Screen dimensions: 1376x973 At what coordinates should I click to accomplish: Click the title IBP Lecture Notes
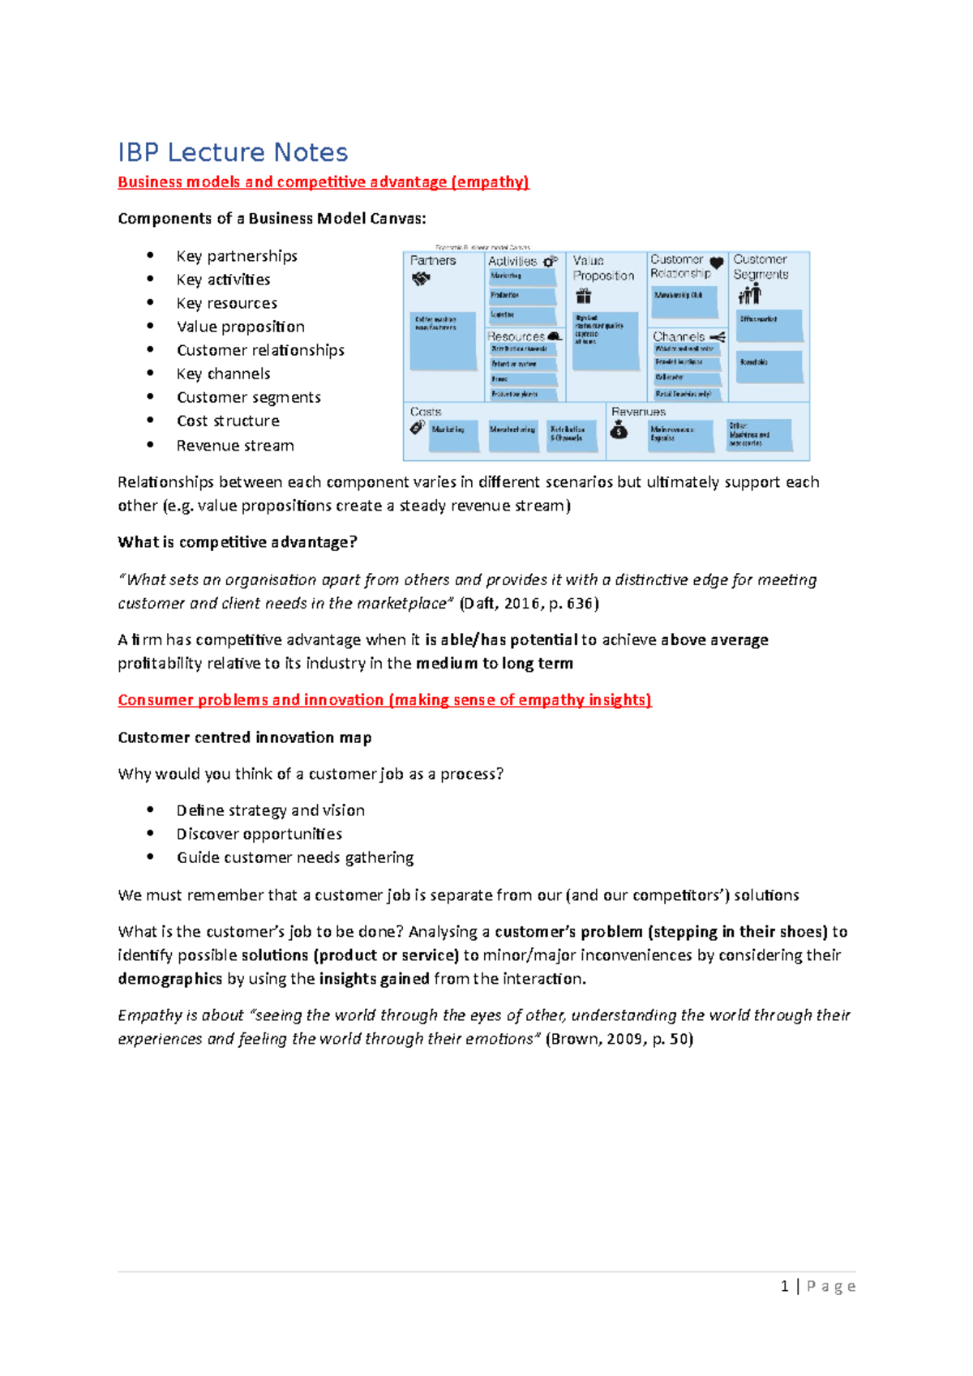tap(233, 152)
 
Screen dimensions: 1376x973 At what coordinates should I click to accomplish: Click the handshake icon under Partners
tap(421, 279)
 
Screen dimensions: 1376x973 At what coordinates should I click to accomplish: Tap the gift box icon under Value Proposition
tap(584, 296)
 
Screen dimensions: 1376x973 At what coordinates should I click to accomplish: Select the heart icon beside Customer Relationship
tap(717, 263)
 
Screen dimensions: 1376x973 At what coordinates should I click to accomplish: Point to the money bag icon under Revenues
tap(619, 430)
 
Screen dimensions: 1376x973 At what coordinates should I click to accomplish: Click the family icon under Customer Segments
tap(749, 294)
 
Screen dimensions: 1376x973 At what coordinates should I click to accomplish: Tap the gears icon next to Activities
tap(551, 261)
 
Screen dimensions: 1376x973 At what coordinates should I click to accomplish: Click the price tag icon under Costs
tap(418, 428)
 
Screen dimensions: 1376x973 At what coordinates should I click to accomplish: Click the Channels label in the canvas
tap(679, 336)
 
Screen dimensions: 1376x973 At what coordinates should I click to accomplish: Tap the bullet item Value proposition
tap(241, 327)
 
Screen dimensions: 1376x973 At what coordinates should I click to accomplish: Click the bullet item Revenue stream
tap(235, 446)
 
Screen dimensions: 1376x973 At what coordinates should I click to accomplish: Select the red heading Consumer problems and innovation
tap(384, 700)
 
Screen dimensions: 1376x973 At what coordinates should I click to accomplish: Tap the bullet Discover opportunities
tap(259, 834)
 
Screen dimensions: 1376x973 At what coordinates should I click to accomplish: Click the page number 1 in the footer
tap(784, 1286)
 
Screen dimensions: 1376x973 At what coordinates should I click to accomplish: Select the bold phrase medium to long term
tap(495, 664)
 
